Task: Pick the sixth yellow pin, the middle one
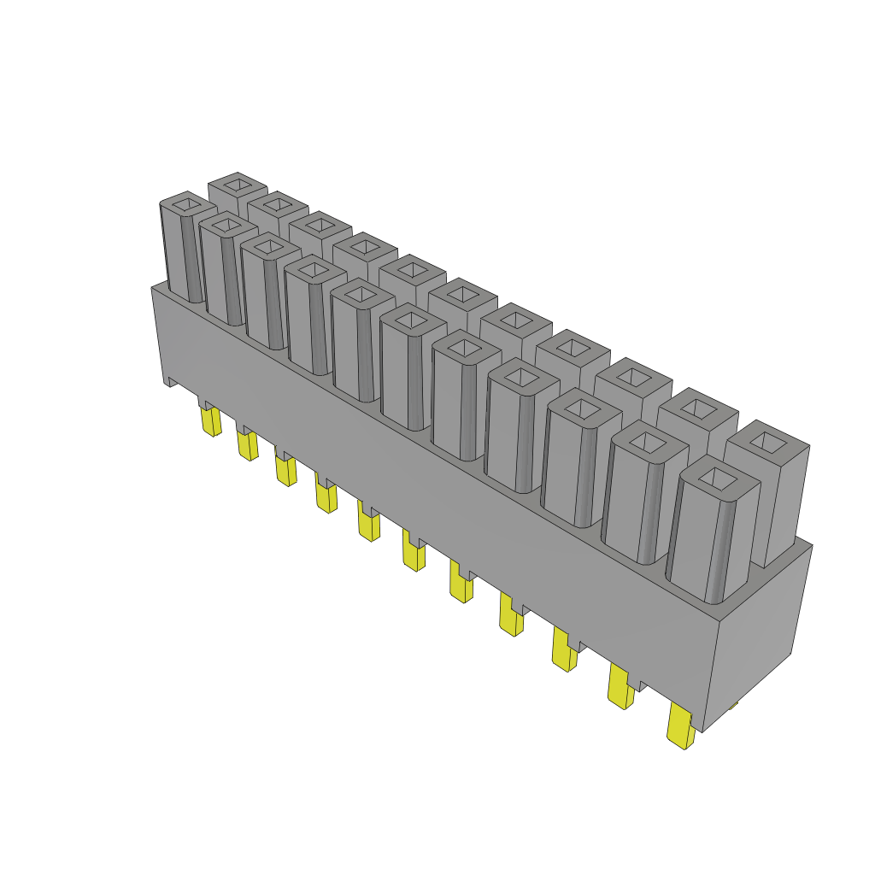tap(414, 556)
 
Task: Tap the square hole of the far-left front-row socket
tap(184, 205)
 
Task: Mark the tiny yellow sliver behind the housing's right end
tap(734, 705)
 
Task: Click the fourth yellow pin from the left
tap(326, 497)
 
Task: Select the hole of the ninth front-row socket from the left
tap(581, 408)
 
